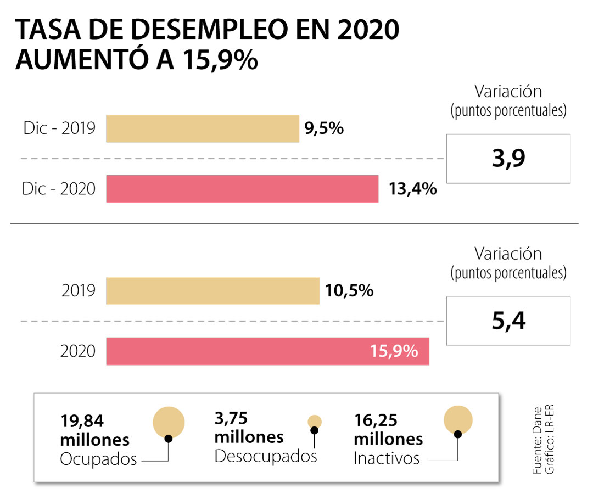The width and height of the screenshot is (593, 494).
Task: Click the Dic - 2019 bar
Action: (x=202, y=128)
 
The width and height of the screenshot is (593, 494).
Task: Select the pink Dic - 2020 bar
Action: (x=242, y=189)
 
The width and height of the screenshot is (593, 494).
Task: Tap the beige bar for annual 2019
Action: (x=212, y=290)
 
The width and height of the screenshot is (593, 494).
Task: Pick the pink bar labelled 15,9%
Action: (x=267, y=351)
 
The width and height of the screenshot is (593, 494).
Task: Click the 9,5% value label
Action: (x=323, y=129)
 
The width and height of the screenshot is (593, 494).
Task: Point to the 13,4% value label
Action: (x=412, y=189)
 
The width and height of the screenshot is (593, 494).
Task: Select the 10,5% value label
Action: (x=349, y=290)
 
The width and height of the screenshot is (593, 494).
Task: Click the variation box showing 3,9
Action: (x=509, y=159)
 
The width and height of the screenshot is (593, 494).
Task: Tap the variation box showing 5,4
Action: (x=509, y=321)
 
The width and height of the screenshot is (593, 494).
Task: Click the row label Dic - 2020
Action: (x=59, y=189)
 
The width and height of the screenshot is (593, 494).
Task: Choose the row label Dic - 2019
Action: (x=59, y=129)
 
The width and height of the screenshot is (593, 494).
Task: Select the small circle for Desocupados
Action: (x=315, y=422)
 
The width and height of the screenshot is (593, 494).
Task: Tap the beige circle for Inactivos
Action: (x=458, y=419)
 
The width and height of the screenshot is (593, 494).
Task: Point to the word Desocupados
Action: (x=266, y=456)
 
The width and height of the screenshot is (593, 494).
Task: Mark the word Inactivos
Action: (x=387, y=458)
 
